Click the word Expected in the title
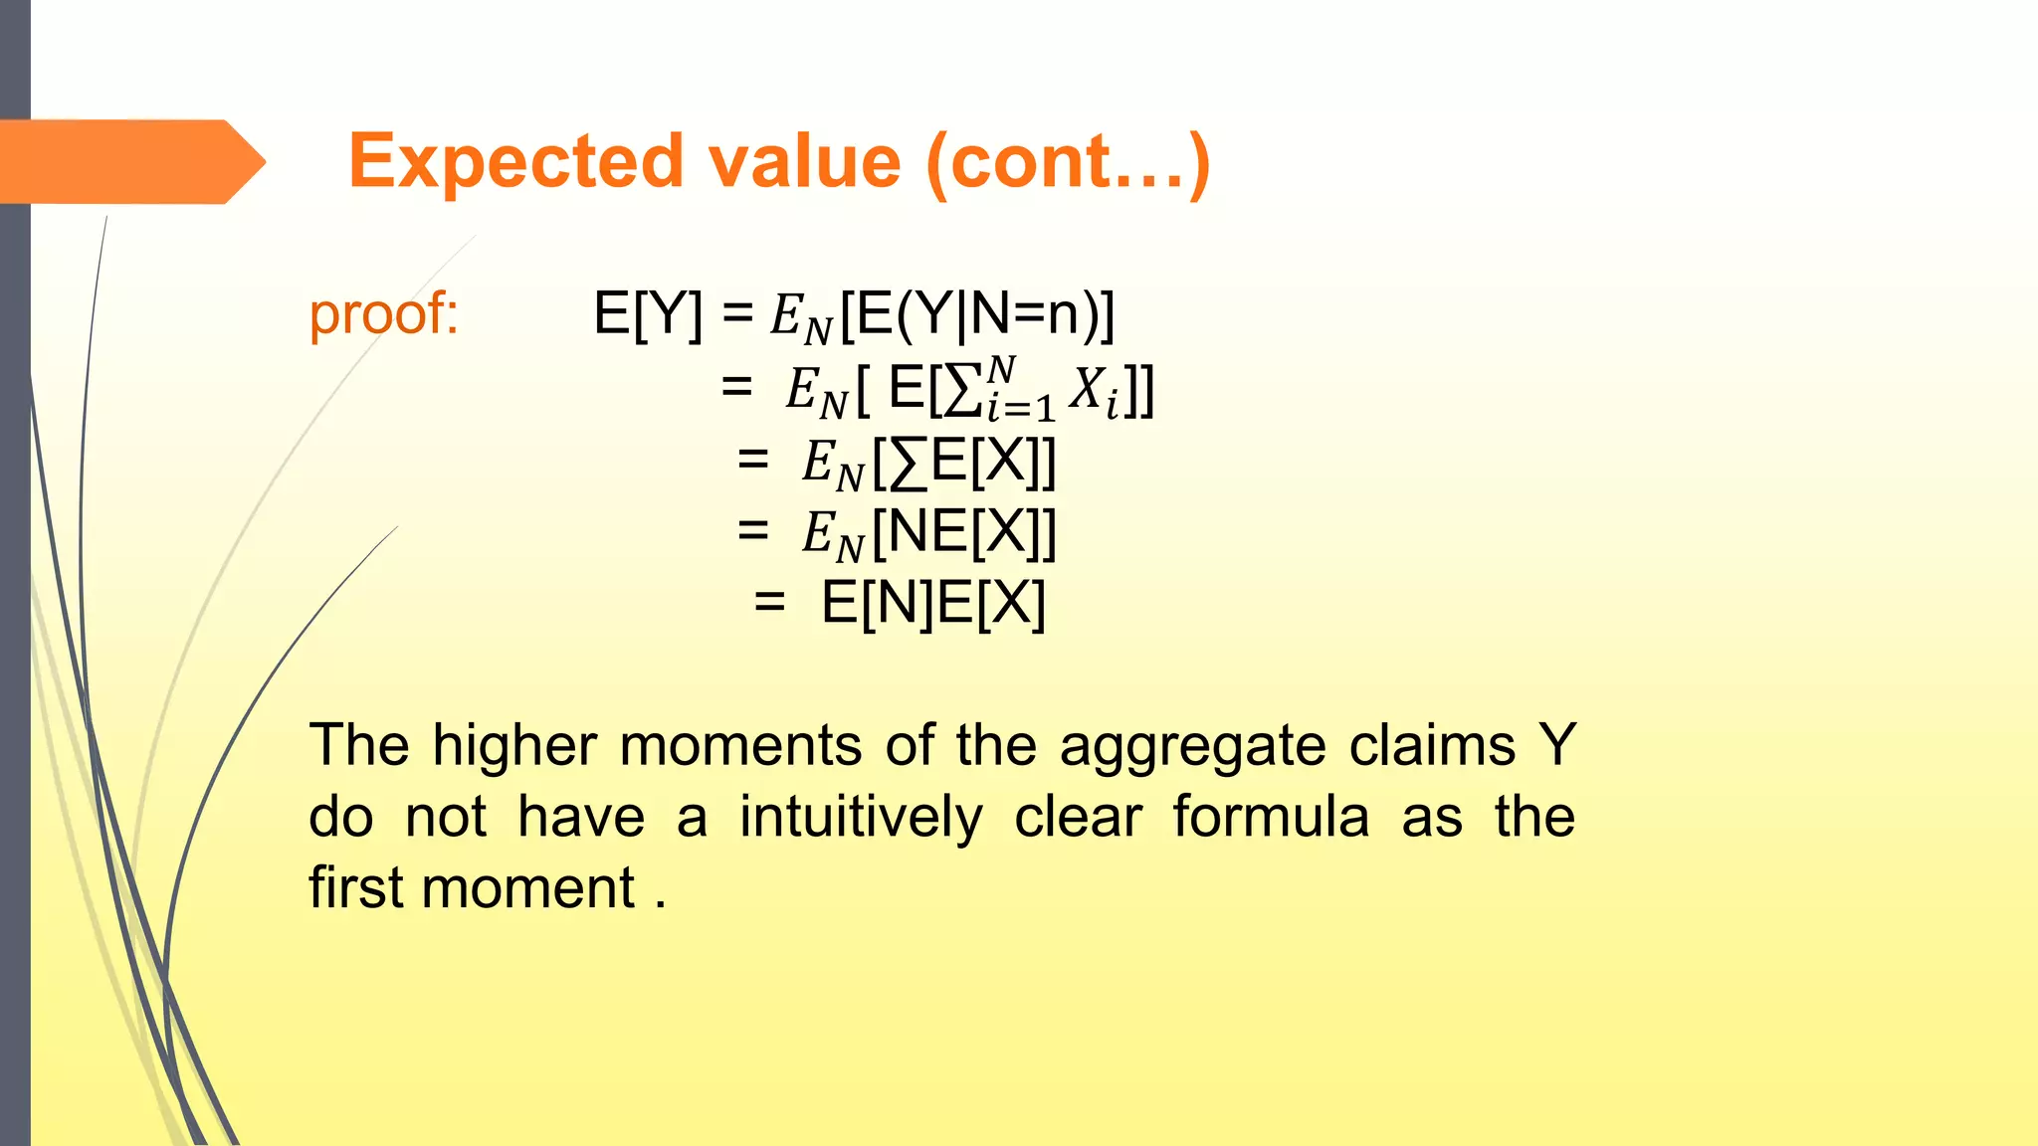pyautogui.click(x=515, y=161)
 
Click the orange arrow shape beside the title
pyautogui.click(x=129, y=161)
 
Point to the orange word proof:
pyautogui.click(x=383, y=314)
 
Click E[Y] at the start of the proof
pyautogui.click(x=647, y=314)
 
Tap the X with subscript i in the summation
pyautogui.click(x=1093, y=390)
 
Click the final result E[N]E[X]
pyautogui.click(x=932, y=603)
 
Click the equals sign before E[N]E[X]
pyautogui.click(x=769, y=603)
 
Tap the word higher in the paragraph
pyautogui.click(x=514, y=746)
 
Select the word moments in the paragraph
pyautogui.click(x=740, y=746)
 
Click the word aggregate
pyautogui.click(x=1192, y=748)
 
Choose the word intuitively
pyautogui.click(x=861, y=818)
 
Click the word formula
pyautogui.click(x=1271, y=818)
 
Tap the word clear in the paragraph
pyautogui.click(x=1078, y=818)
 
